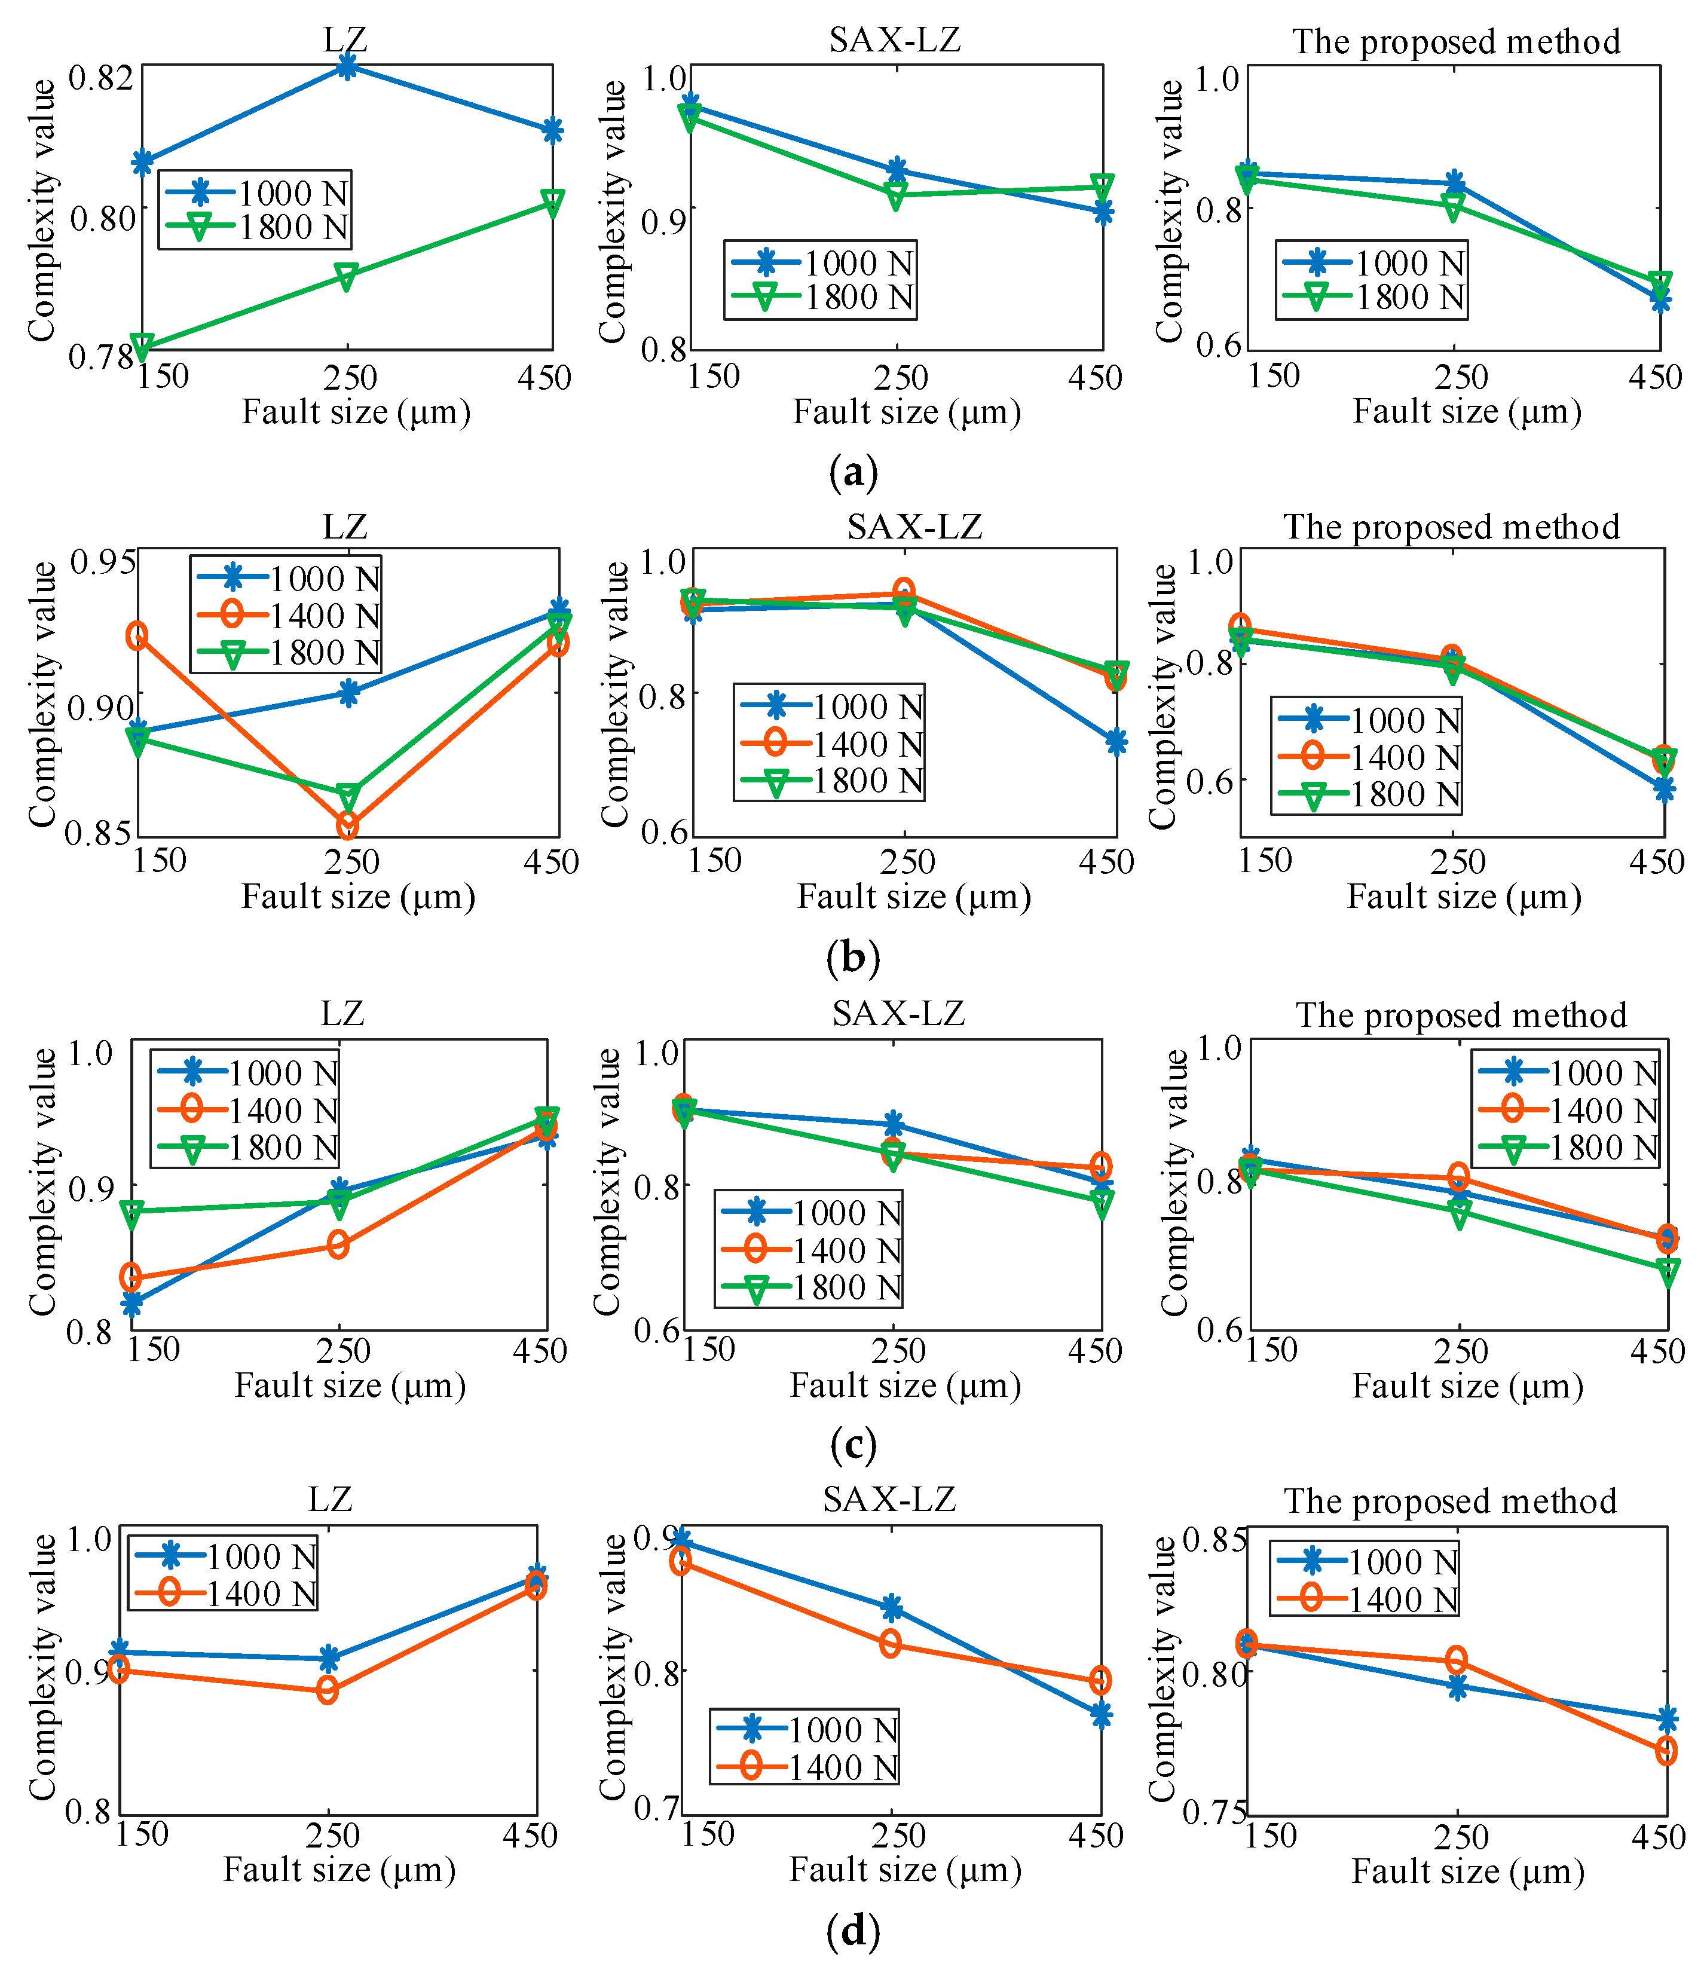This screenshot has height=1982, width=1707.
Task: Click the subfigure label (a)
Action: [853, 473]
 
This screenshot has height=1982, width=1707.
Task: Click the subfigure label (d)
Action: [853, 1931]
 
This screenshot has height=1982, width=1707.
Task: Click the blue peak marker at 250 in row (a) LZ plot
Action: [347, 66]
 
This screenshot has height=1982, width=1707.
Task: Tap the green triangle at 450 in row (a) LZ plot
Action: [552, 202]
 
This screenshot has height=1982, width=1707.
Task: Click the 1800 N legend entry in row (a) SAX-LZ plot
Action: [821, 298]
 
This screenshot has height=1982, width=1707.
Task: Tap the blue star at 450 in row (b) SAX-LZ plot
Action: [1115, 742]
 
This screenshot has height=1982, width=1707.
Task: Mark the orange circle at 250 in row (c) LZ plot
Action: [338, 1244]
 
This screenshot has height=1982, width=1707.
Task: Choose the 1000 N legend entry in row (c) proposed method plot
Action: [1567, 1073]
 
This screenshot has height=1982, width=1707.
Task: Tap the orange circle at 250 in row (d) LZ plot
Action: [327, 1690]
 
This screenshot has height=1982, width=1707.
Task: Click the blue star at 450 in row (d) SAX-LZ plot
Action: [1101, 1715]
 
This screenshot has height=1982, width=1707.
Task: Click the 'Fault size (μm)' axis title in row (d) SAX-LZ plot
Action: [905, 1870]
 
